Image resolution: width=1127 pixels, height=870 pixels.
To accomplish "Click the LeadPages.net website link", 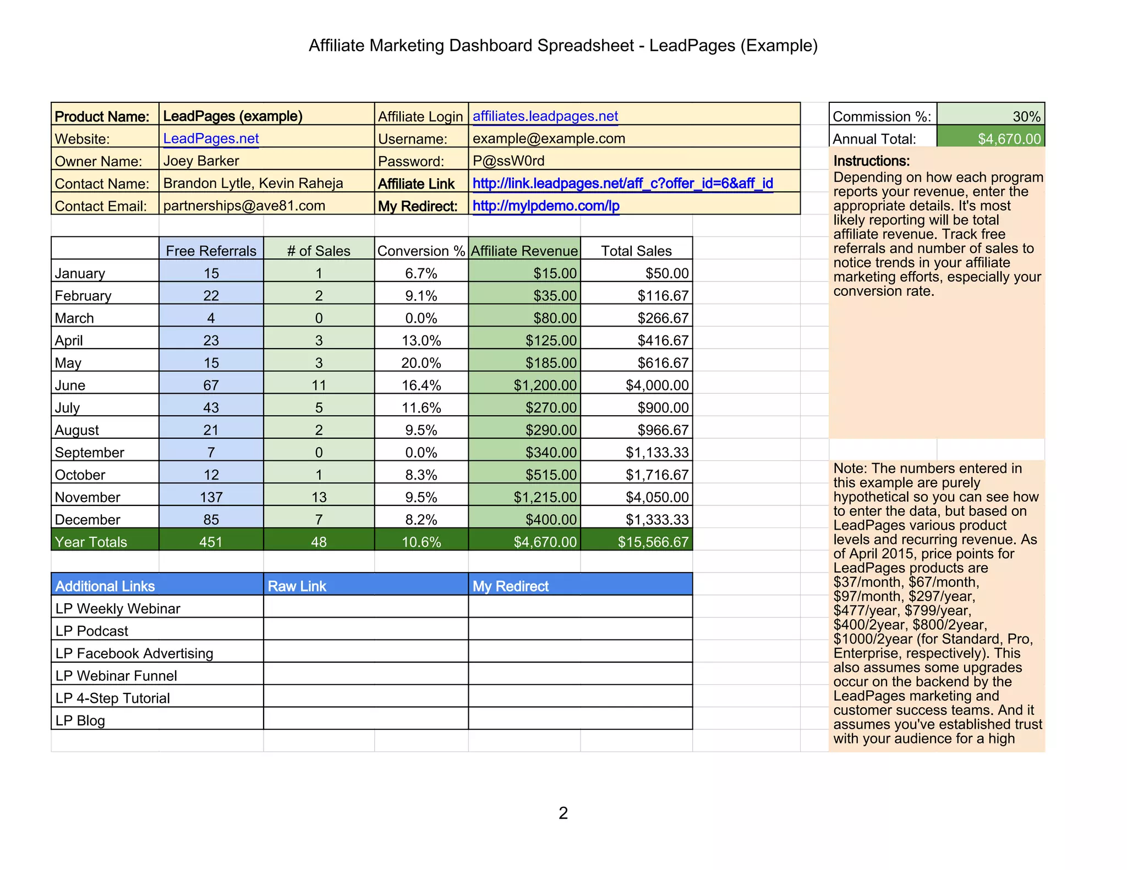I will (211, 139).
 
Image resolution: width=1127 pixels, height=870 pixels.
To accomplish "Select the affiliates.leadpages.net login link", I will (545, 116).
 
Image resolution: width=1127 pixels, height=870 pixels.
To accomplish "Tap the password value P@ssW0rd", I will (508, 161).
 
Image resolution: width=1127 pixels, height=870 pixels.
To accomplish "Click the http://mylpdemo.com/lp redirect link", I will (546, 206).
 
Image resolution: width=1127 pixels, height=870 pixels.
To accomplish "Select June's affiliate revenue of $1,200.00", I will (545, 385).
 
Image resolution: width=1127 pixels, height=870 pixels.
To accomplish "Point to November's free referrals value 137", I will (211, 497).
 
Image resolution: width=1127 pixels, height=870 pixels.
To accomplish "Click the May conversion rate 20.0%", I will (421, 363).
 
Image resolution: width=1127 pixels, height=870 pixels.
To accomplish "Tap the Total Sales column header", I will (636, 251).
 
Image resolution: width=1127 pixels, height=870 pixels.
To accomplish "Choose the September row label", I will (89, 452).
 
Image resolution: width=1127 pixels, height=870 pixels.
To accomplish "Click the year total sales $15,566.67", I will (653, 542).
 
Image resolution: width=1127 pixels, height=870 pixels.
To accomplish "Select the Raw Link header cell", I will (297, 586).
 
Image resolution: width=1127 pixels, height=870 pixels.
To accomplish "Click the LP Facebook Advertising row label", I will (134, 653).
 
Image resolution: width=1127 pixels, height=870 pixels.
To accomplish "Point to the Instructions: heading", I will (871, 161).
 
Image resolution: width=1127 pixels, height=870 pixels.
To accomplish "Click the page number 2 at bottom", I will (563, 813).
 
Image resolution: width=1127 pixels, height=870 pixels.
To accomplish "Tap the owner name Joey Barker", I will (201, 161).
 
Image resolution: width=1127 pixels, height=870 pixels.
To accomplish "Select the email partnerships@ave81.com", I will (244, 206).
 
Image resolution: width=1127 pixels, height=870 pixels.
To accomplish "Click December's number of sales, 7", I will (319, 519).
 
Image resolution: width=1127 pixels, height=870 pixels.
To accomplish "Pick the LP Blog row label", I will (80, 720).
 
